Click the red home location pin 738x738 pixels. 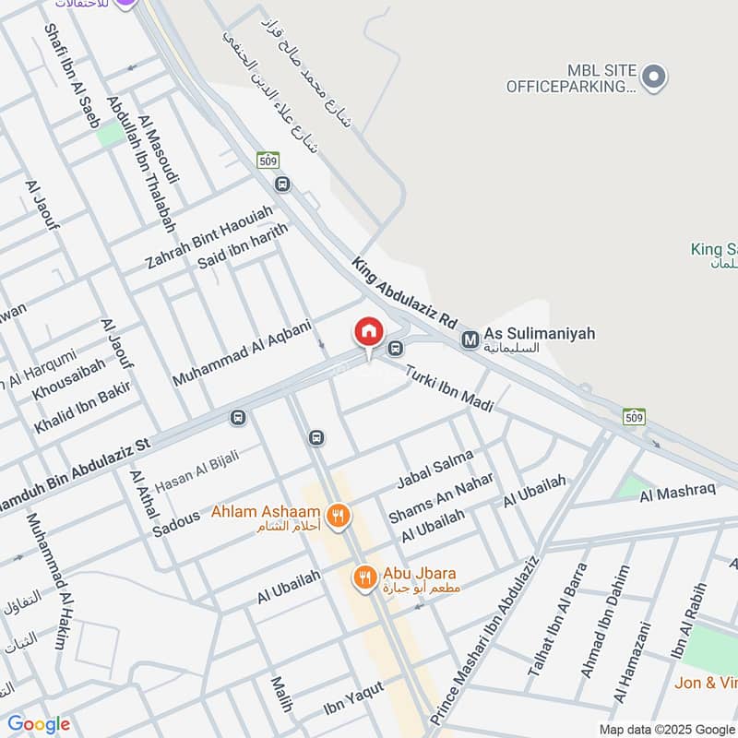coord(368,332)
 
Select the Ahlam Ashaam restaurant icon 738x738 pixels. coord(339,517)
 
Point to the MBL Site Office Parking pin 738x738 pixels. coord(653,77)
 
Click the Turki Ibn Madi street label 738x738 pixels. coord(449,386)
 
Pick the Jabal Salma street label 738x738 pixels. coord(434,470)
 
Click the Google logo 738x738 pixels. coord(39,724)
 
